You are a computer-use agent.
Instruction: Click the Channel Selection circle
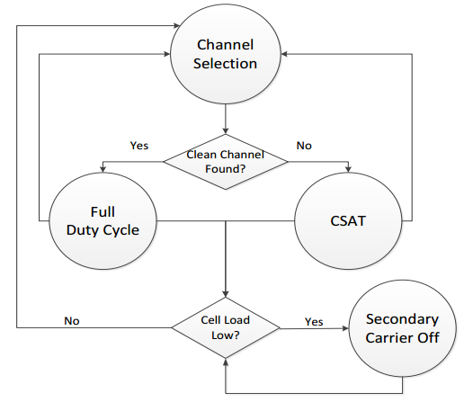[226, 54]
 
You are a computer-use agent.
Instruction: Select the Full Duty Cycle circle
[103, 221]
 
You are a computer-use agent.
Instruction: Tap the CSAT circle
[348, 221]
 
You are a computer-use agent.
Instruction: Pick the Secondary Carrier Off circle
[403, 328]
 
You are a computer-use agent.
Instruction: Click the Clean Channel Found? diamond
[226, 162]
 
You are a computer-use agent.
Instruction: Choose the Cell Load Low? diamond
[226, 327]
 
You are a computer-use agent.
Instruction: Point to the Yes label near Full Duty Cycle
[139, 146]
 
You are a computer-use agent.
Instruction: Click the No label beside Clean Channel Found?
[304, 146]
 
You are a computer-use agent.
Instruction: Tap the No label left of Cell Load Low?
[72, 321]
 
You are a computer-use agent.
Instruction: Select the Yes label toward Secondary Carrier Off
[314, 322]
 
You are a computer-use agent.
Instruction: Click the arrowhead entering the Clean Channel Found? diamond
[226, 130]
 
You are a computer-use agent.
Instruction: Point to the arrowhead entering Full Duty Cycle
[103, 169]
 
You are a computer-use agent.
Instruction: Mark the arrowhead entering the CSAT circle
[348, 169]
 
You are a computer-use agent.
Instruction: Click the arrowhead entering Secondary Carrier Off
[345, 328]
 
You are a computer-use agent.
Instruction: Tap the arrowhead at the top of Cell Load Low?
[226, 294]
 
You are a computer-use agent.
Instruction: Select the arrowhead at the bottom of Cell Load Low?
[226, 362]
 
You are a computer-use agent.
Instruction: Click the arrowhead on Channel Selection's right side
[284, 54]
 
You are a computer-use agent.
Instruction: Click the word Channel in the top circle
[225, 45]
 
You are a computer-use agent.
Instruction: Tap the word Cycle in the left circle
[121, 230]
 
